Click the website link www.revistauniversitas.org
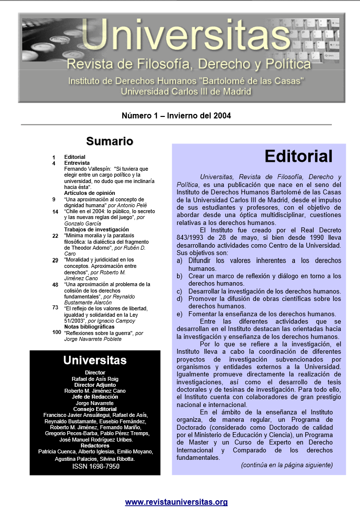point(176,502)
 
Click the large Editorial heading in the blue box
point(298,156)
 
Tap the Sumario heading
point(109,142)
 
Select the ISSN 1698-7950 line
point(96,466)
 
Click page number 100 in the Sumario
point(56,333)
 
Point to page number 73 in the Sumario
point(55,307)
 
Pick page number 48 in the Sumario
point(55,285)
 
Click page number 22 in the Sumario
point(55,236)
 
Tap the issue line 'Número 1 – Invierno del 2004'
point(176,116)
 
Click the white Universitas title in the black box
point(95,361)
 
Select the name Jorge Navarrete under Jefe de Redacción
point(95,403)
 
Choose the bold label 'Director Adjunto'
point(95,385)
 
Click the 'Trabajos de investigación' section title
point(96,229)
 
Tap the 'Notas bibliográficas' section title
point(89,327)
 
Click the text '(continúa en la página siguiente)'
point(287,465)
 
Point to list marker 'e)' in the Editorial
point(180,314)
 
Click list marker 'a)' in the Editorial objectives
point(180,260)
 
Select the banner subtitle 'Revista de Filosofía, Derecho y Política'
point(188,64)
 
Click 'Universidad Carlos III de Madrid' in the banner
point(186,91)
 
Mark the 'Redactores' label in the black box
point(95,446)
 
